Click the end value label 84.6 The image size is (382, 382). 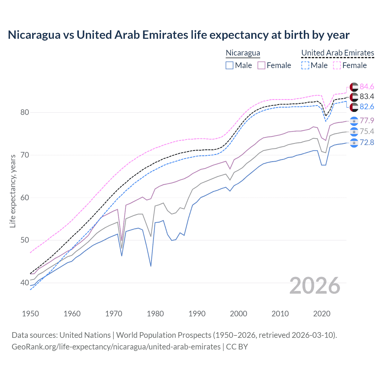click(367, 87)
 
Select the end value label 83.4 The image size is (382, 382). click(367, 96)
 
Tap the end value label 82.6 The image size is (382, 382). click(367, 107)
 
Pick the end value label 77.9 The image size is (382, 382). click(367, 121)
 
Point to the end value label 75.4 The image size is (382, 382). click(367, 131)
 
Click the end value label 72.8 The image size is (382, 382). click(367, 142)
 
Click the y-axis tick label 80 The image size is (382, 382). click(25, 113)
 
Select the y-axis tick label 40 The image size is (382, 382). click(25, 283)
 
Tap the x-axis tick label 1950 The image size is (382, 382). click(30, 314)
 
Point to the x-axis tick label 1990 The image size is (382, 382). click(197, 314)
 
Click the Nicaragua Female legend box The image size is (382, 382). click(261, 65)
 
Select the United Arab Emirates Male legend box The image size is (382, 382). click(305, 65)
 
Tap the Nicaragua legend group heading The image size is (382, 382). click(243, 53)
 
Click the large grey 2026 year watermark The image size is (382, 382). click(315, 286)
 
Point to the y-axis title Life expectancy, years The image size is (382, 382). click(13, 191)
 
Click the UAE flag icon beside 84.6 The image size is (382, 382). click(354, 87)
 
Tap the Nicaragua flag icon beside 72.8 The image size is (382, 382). click(354, 143)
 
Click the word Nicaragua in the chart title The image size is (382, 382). click(34, 35)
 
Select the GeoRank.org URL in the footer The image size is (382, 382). click(116, 347)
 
